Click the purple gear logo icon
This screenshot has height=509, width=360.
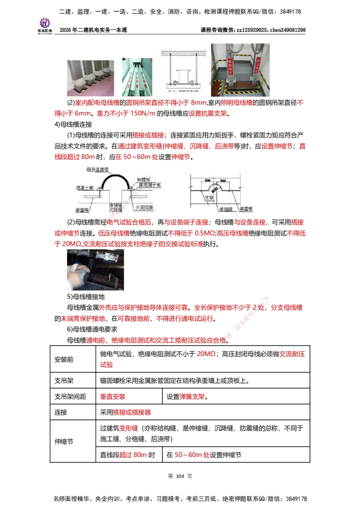coord(45,22)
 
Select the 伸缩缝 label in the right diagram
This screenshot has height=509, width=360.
coord(224,209)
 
